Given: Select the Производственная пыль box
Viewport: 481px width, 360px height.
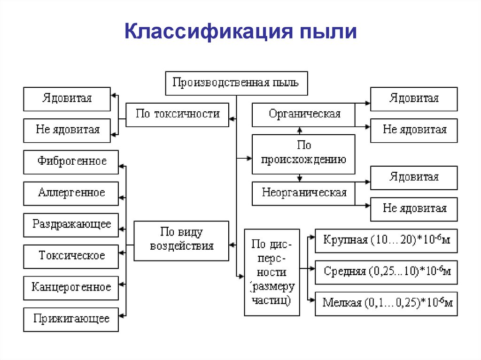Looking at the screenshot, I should coord(236,83).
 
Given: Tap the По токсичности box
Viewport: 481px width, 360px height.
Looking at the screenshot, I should coord(178,114).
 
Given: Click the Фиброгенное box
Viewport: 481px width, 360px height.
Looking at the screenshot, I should coord(71,162).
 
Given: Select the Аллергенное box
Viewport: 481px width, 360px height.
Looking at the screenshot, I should coord(71,193).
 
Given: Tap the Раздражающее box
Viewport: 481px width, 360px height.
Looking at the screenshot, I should coord(71,224).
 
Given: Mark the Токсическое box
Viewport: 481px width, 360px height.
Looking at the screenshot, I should coord(71,256).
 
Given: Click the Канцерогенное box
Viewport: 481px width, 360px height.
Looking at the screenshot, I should coord(71,287).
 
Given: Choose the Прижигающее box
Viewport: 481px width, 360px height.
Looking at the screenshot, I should coord(71,319).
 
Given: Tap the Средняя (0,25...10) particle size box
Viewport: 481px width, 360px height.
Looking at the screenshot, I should coord(386,272).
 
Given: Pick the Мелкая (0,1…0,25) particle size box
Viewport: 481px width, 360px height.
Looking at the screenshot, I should coord(386,303).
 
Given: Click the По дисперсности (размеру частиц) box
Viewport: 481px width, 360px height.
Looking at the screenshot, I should coord(272,272).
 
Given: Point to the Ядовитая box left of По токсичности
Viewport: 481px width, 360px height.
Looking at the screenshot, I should coord(67,99).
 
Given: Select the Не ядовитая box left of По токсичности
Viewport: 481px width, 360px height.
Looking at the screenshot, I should coord(67,130).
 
